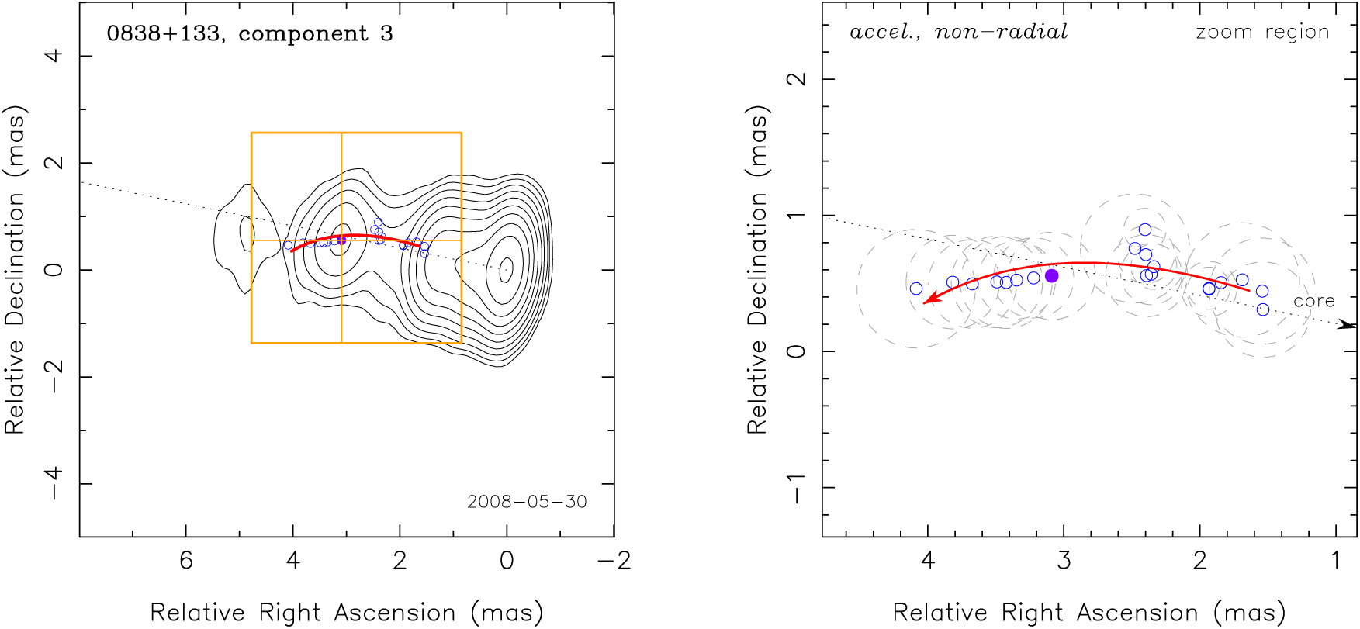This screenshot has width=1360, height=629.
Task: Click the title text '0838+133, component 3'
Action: (250, 34)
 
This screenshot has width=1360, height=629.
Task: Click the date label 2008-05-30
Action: (527, 502)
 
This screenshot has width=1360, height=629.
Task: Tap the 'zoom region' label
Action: (1262, 32)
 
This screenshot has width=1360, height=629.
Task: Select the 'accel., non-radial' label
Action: (959, 32)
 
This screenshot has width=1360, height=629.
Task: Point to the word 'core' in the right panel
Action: (1313, 301)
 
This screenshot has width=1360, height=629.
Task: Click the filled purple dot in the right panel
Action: (1051, 276)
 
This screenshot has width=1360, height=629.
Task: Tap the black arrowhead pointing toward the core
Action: (1347, 325)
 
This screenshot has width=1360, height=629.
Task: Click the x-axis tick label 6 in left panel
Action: (186, 561)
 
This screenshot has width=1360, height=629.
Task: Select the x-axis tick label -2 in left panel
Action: (614, 561)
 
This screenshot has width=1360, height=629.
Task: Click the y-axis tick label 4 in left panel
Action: (53, 56)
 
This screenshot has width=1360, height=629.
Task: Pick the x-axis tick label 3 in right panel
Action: (1064, 561)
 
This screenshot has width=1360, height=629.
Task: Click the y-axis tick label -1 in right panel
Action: (796, 488)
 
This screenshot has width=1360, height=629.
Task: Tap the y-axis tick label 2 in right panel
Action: (796, 79)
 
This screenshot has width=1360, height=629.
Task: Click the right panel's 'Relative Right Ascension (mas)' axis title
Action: (1089, 613)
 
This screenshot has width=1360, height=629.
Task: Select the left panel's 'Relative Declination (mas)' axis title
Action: (16, 269)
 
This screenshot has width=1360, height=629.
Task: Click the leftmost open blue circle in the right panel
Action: (916, 289)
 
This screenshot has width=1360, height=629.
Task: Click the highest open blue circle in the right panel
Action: (1145, 230)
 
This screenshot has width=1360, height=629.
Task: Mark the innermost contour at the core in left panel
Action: (506, 269)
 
